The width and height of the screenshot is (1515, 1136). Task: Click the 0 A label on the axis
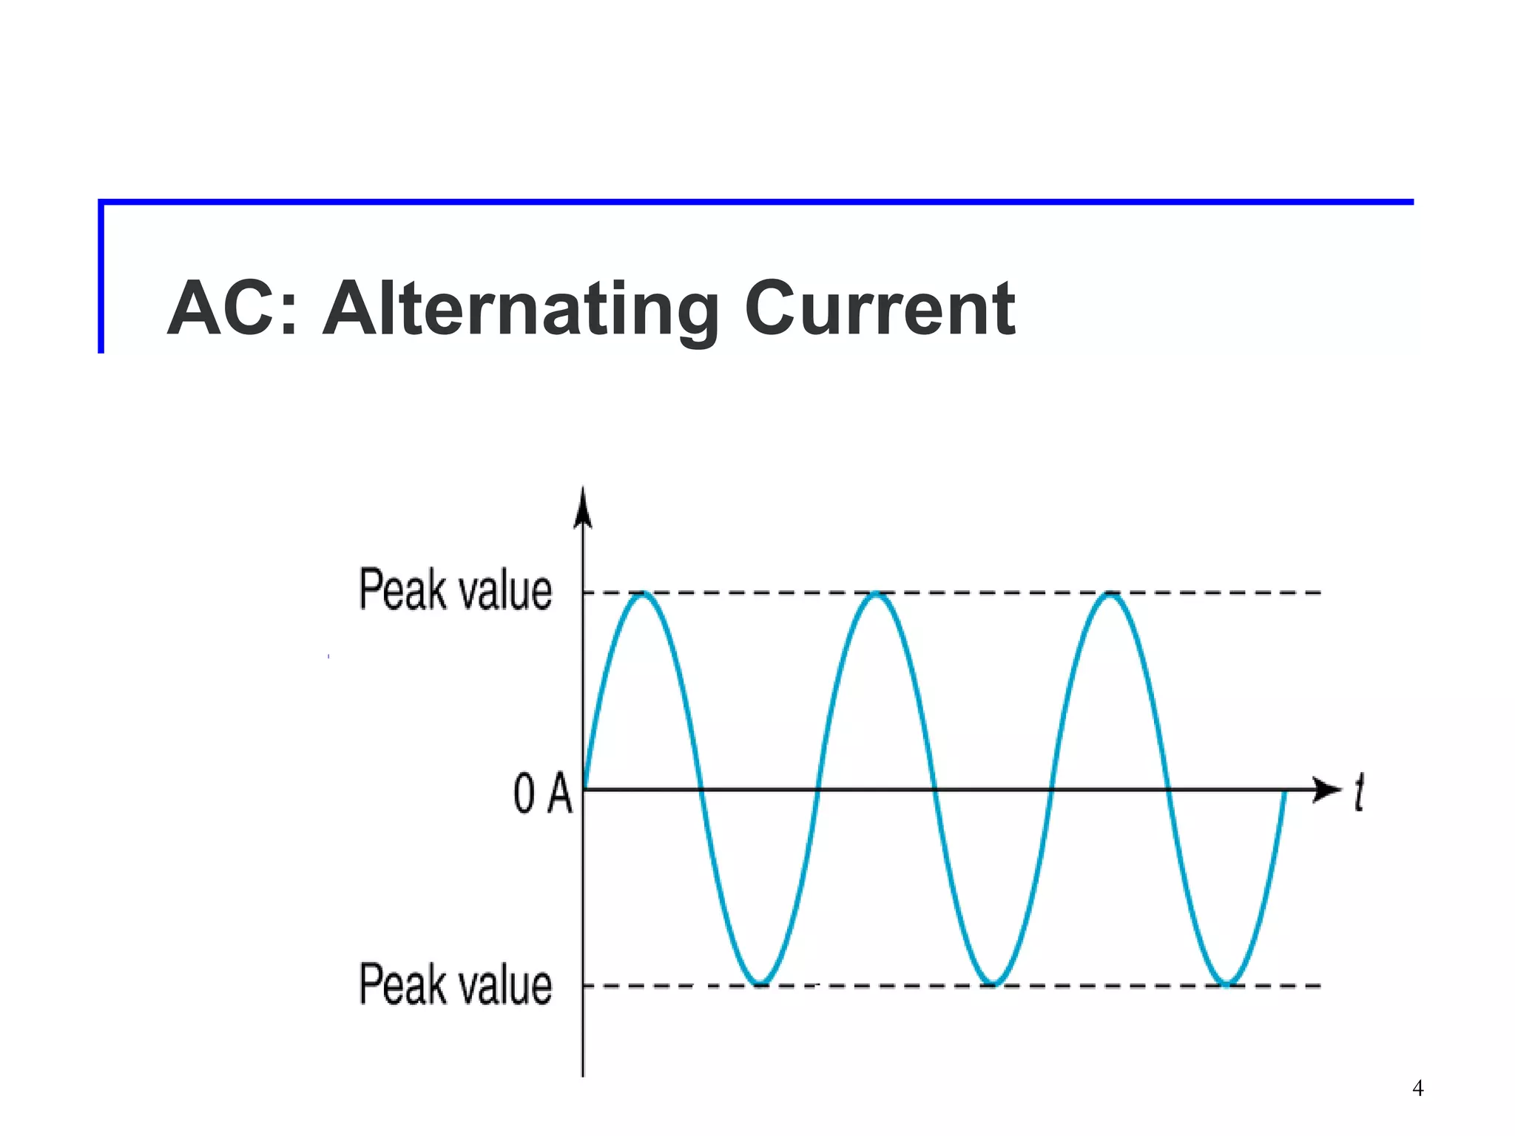coord(542,794)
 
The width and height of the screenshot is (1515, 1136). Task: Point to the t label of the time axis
coord(1358,793)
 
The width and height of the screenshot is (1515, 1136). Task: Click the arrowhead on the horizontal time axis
coord(1327,789)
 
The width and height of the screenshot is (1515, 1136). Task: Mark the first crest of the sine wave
coord(644,593)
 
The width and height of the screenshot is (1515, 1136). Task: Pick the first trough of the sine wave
coord(761,984)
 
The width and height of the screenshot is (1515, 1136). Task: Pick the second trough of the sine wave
coord(993,984)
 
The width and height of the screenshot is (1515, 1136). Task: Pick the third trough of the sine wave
coord(1226,984)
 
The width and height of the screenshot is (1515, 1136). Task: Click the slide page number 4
coord(1417,1088)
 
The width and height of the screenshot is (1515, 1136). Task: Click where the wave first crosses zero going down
coord(701,789)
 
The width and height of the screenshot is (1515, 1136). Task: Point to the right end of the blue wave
coord(1285,793)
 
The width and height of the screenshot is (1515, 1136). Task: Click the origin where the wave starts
coord(584,789)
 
